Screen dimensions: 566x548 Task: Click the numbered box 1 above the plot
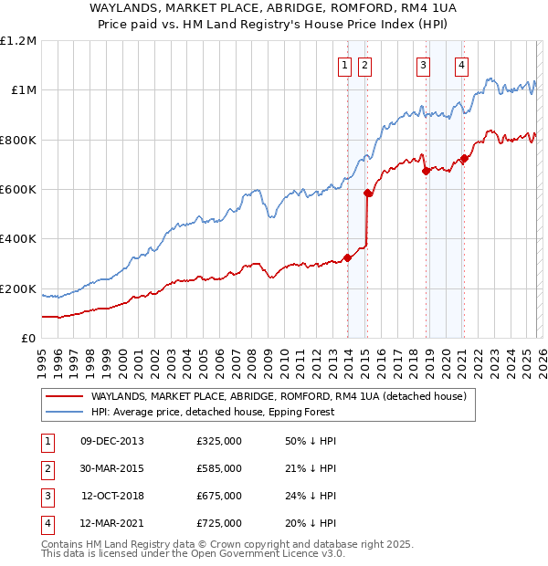click(345, 65)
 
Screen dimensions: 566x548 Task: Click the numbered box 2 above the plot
click(364, 65)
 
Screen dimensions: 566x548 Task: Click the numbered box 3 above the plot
click(423, 65)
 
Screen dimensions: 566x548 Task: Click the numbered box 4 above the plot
click(462, 65)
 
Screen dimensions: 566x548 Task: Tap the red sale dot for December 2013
click(347, 257)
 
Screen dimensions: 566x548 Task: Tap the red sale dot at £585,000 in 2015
click(368, 193)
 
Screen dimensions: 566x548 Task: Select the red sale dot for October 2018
click(426, 171)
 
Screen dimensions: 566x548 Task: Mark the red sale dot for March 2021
click(464, 159)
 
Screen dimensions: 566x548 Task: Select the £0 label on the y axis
click(27, 338)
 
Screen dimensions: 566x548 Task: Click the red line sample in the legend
click(63, 396)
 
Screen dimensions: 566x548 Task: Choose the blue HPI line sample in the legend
click(63, 411)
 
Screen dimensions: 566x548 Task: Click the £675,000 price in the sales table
click(219, 497)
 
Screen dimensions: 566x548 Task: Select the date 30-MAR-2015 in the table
click(111, 468)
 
